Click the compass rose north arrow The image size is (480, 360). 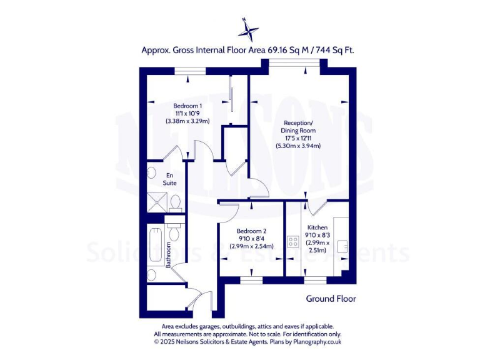(x=249, y=28)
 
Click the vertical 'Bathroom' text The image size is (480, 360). (x=168, y=255)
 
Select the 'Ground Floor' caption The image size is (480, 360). (x=331, y=299)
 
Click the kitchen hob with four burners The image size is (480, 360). (x=292, y=241)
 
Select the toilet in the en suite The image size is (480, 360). (x=176, y=202)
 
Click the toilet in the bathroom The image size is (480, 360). (x=174, y=233)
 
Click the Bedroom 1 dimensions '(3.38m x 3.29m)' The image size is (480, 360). (x=187, y=121)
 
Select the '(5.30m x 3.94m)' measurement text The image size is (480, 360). (x=298, y=146)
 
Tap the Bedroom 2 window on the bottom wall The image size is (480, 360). (x=251, y=281)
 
